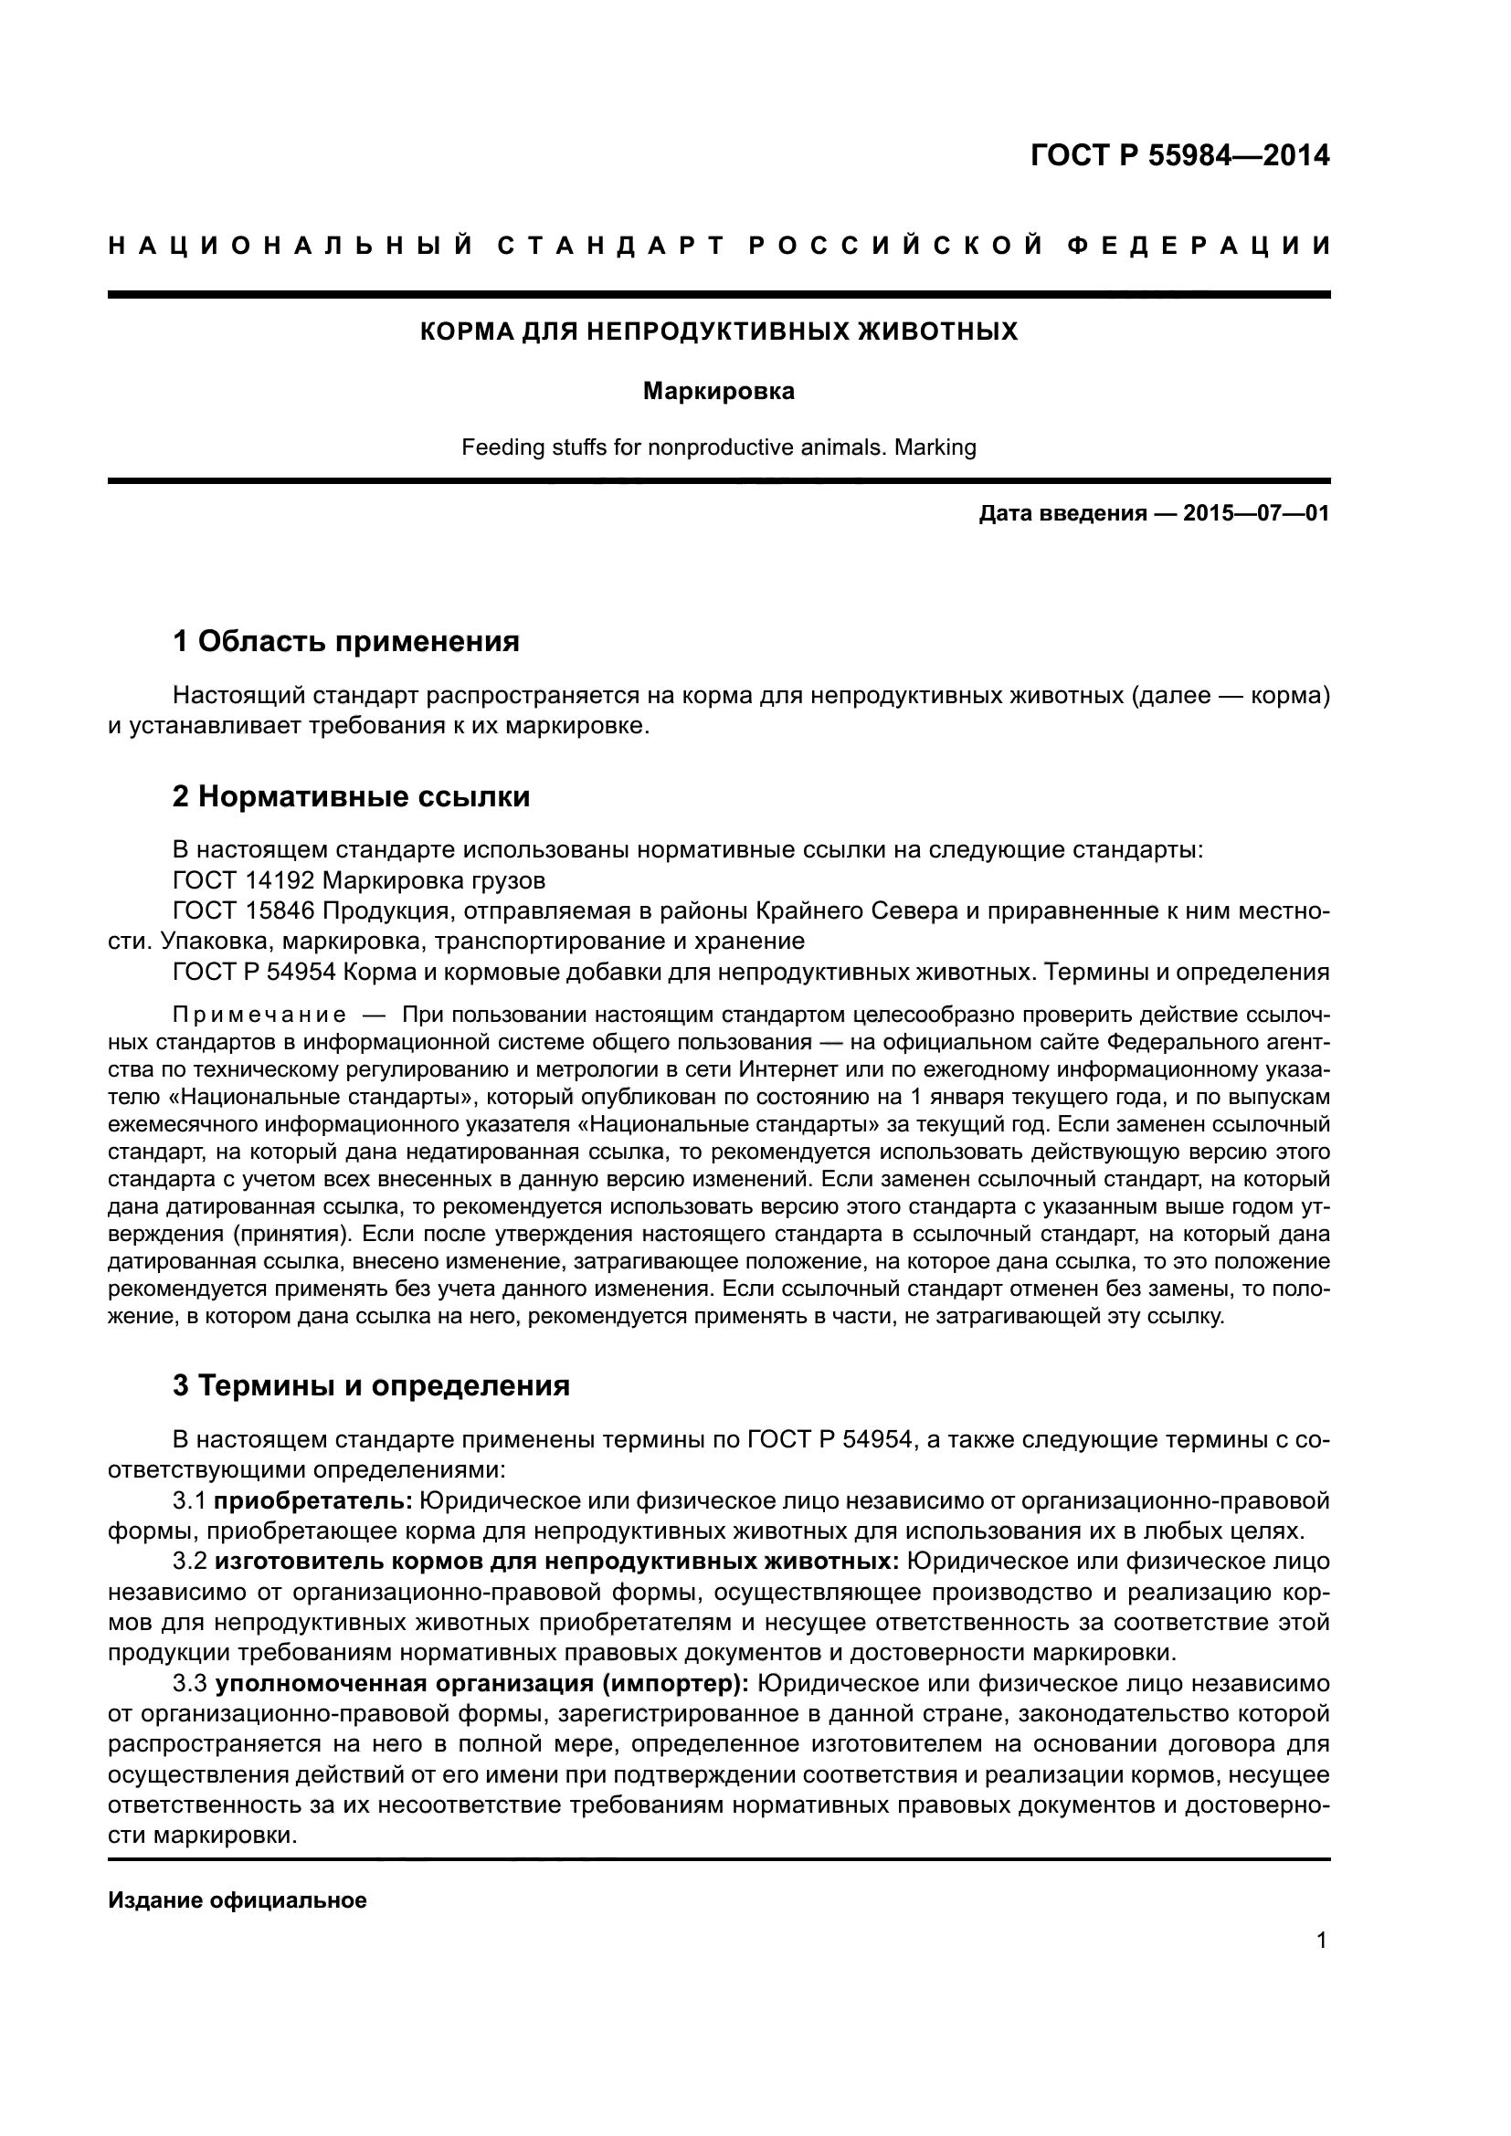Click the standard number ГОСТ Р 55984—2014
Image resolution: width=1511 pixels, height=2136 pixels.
pos(1179,155)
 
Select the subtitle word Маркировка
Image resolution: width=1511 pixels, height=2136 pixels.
pos(718,392)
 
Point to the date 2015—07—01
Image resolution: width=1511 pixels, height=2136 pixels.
pos(1255,513)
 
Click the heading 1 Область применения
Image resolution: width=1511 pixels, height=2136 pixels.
pos(346,641)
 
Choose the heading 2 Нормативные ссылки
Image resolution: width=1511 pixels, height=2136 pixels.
pos(352,796)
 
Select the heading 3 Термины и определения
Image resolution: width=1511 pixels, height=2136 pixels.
pos(371,1385)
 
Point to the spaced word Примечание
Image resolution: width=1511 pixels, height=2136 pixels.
pos(259,1013)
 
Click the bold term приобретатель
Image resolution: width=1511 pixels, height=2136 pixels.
pos(313,1500)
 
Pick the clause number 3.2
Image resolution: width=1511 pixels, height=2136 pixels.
pos(190,1561)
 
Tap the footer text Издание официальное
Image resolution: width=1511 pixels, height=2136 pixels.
pos(238,1899)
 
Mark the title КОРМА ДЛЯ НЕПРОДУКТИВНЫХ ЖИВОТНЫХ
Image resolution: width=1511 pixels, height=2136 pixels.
pos(718,332)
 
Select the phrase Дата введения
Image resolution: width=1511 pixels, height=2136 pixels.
pos(1062,513)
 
